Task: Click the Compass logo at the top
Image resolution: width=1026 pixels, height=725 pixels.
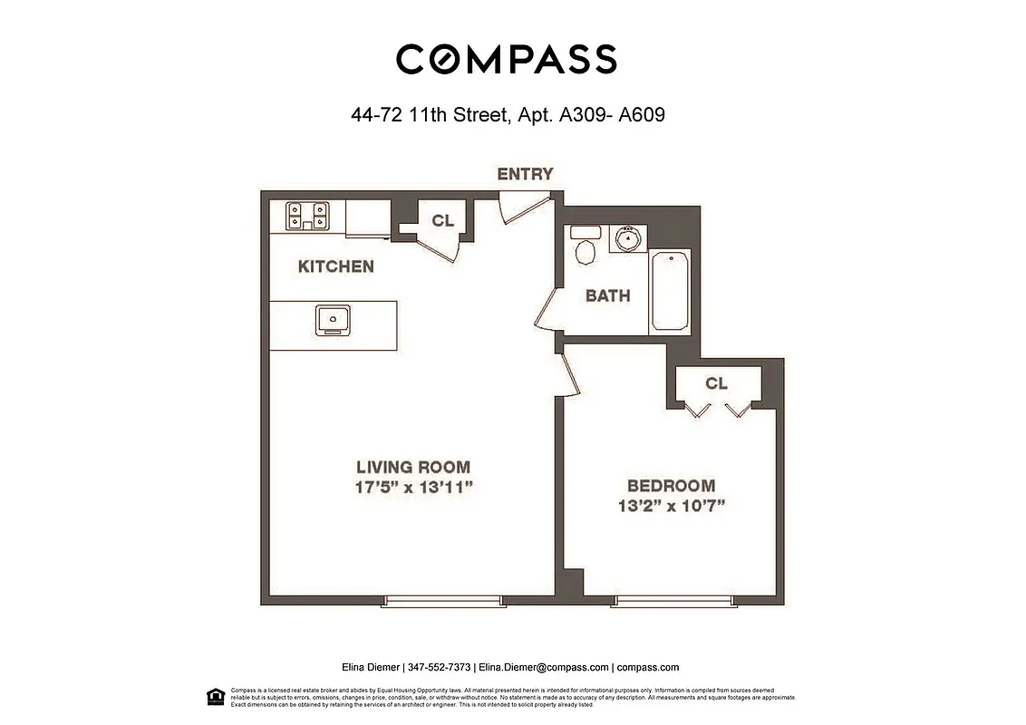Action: pyautogui.click(x=507, y=59)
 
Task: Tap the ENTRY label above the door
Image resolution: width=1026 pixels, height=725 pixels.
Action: pyautogui.click(x=525, y=174)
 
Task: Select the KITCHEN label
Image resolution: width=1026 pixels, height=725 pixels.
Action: pyautogui.click(x=335, y=266)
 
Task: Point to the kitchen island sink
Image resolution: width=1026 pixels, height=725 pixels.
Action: pyautogui.click(x=333, y=320)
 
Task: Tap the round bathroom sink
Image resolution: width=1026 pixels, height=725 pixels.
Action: pyautogui.click(x=627, y=239)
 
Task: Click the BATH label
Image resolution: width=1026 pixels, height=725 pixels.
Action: pyautogui.click(x=607, y=295)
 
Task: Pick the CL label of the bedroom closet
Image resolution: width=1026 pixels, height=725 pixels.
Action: pyautogui.click(x=716, y=383)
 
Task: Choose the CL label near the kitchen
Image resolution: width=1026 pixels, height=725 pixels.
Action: pyautogui.click(x=442, y=220)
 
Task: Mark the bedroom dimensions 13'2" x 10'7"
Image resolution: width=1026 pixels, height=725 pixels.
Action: pyautogui.click(x=670, y=506)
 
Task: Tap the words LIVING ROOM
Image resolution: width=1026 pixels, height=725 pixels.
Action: pyautogui.click(x=413, y=468)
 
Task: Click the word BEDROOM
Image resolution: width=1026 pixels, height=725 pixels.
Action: pyautogui.click(x=671, y=486)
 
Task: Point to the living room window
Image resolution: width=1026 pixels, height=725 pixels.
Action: pyautogui.click(x=442, y=600)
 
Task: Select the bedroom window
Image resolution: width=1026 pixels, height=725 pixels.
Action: pyautogui.click(x=673, y=600)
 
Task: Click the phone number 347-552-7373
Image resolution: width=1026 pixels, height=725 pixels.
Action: pyautogui.click(x=440, y=667)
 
